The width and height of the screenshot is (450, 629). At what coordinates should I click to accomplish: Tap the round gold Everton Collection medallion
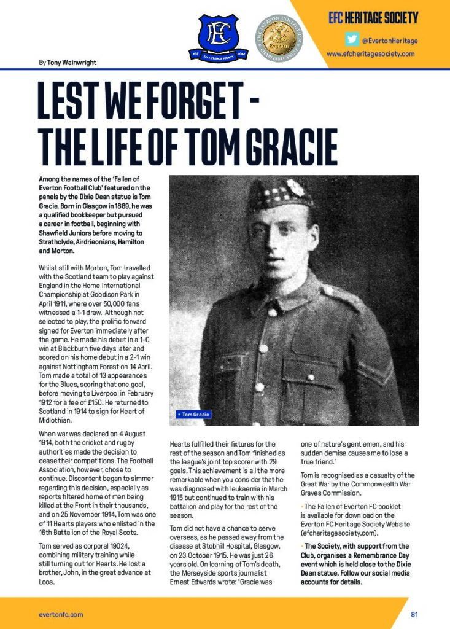click(279, 36)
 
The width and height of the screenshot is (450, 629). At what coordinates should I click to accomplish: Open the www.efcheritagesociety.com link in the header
click(370, 53)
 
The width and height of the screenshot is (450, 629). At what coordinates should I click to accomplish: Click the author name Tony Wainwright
click(71, 62)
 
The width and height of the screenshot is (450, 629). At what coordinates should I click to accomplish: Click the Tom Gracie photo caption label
click(194, 415)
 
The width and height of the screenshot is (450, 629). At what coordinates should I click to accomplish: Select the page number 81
click(415, 614)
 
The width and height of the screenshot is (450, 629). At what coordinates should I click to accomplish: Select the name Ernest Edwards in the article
click(194, 581)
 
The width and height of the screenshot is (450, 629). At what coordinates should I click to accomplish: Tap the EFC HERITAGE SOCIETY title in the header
click(373, 17)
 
